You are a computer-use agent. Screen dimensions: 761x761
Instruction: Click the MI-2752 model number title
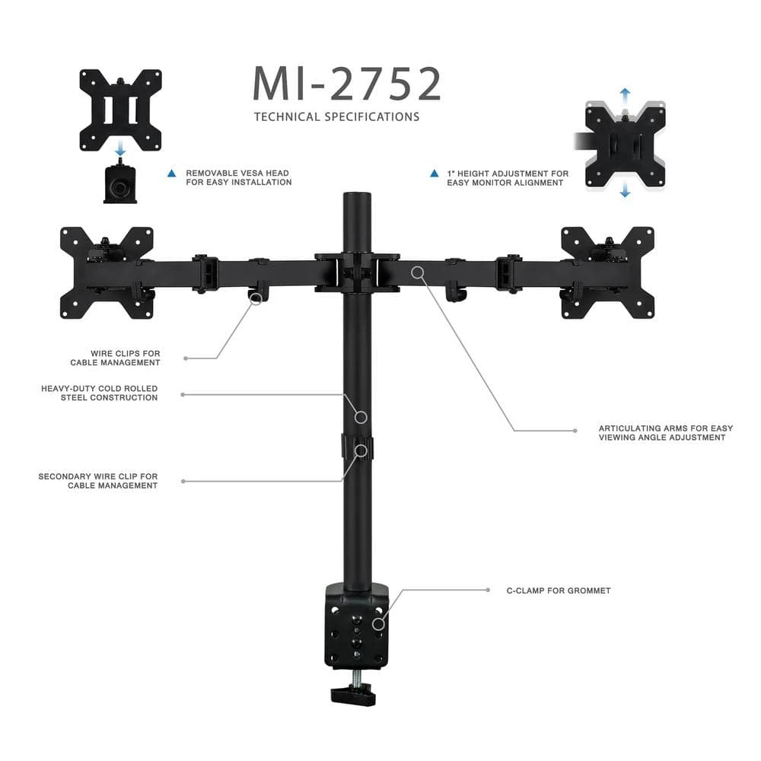(346, 84)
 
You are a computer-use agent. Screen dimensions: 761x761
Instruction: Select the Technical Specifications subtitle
(336, 117)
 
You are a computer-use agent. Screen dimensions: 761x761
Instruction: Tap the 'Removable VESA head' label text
(238, 177)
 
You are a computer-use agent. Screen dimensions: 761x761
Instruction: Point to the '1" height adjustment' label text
(508, 177)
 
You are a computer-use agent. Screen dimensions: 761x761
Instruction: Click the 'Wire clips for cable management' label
(116, 358)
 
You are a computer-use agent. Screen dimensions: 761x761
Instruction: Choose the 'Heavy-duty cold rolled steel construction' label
(100, 393)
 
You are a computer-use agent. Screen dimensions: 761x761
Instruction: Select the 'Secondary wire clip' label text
(98, 481)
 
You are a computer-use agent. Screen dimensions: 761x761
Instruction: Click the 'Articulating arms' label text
(666, 433)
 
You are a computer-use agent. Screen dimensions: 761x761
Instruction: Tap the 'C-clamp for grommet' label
(559, 591)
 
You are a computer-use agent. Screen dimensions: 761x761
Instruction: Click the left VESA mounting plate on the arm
(107, 272)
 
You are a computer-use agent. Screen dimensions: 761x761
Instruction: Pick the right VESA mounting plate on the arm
(607, 272)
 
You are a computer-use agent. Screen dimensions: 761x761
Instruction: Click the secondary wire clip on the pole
(357, 447)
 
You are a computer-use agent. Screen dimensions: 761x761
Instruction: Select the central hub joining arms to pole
(357, 272)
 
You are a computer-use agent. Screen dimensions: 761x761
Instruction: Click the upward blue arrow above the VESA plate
(625, 94)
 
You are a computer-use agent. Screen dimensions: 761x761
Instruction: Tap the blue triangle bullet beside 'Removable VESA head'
(172, 174)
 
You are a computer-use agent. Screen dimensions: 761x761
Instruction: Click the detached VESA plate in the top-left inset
(121, 110)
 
